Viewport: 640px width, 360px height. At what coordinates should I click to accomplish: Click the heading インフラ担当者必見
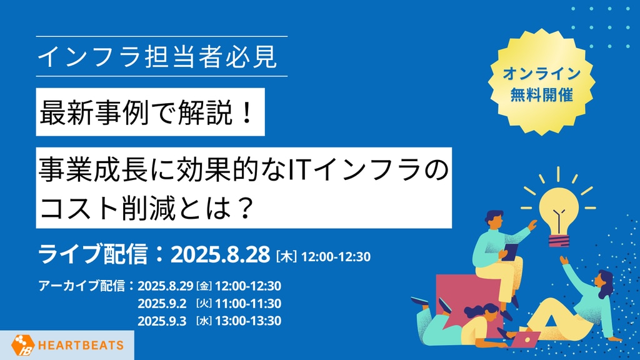coord(157,57)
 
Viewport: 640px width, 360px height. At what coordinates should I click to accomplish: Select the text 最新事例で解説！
coord(147,112)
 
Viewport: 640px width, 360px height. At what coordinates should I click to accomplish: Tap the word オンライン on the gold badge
coord(541,74)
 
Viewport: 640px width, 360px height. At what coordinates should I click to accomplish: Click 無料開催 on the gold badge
coord(541,95)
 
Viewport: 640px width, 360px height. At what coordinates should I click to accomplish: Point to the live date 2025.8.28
coord(221,255)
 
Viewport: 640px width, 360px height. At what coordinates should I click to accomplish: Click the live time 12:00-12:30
coord(336,257)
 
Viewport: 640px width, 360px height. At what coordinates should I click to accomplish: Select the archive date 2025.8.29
coord(165,286)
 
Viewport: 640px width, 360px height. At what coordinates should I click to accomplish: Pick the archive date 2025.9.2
coord(162,304)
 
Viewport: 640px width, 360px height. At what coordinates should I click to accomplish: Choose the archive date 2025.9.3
coord(162,321)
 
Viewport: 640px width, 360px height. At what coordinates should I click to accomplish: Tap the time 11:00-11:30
coord(248,304)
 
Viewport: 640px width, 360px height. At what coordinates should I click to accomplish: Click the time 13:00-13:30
coord(248,321)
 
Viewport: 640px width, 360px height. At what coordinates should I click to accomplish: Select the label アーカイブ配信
coord(82,286)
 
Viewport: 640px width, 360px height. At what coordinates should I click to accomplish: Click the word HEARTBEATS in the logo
coord(81,345)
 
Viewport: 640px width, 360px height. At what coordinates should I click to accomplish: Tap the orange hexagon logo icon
coord(23,345)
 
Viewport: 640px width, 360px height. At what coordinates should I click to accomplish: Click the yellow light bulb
coord(558,218)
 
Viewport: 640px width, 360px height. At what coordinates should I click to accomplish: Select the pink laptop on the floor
coord(525,339)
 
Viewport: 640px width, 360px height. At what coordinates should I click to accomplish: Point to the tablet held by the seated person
coord(510,251)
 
